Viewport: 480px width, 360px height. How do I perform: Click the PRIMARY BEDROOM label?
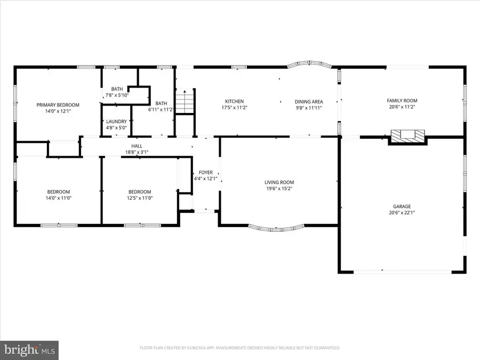[x=58, y=105]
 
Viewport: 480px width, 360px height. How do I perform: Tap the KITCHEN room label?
[x=234, y=101]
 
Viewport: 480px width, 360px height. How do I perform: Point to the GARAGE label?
[x=402, y=206]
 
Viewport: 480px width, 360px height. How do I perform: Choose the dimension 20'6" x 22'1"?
[x=402, y=213]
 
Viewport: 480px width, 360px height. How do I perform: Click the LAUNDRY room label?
[x=116, y=122]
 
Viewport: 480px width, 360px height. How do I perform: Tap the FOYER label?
[x=206, y=172]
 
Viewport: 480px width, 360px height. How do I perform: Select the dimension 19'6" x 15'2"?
[x=279, y=188]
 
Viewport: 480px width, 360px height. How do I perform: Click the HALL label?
[x=137, y=146]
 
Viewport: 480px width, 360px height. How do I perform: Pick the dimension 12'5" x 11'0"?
[x=139, y=198]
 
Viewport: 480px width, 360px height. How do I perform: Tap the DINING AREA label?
[x=309, y=101]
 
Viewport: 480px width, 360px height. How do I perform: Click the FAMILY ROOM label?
[x=402, y=100]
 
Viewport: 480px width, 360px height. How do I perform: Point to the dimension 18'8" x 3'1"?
[x=137, y=152]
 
